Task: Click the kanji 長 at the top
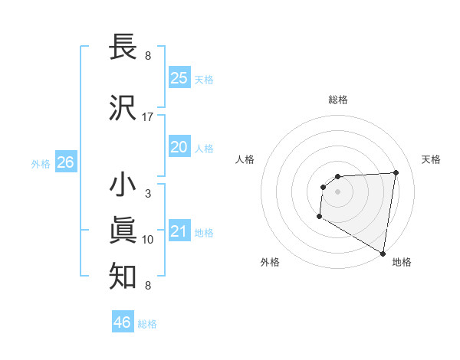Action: (123, 47)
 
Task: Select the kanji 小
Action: (123, 185)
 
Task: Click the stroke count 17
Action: (148, 117)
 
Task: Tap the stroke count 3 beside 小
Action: (148, 194)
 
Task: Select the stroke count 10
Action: (148, 240)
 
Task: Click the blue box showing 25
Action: (179, 77)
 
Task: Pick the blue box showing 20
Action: (179, 146)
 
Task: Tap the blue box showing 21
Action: (179, 231)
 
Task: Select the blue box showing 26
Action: (65, 162)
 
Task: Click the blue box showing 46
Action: (123, 322)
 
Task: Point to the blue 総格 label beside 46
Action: (147, 324)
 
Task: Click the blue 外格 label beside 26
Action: (41, 163)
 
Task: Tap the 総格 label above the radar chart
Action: (337, 100)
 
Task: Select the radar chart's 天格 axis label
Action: (431, 159)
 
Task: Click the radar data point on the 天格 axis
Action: (396, 172)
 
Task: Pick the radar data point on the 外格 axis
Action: (319, 217)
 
